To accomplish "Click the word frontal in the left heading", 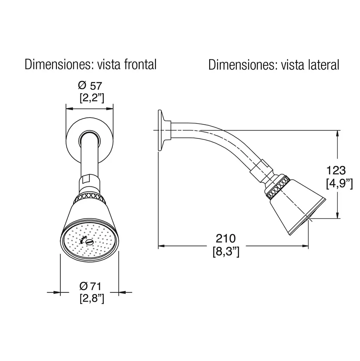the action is tap(140, 64).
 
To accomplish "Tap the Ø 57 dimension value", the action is tap(90, 86).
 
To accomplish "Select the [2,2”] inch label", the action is tap(92, 98).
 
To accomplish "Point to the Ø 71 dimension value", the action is tap(90, 287).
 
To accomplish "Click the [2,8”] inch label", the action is tap(92, 298).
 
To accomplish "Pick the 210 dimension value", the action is tap(226, 238).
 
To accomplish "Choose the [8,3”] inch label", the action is tap(226, 252).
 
